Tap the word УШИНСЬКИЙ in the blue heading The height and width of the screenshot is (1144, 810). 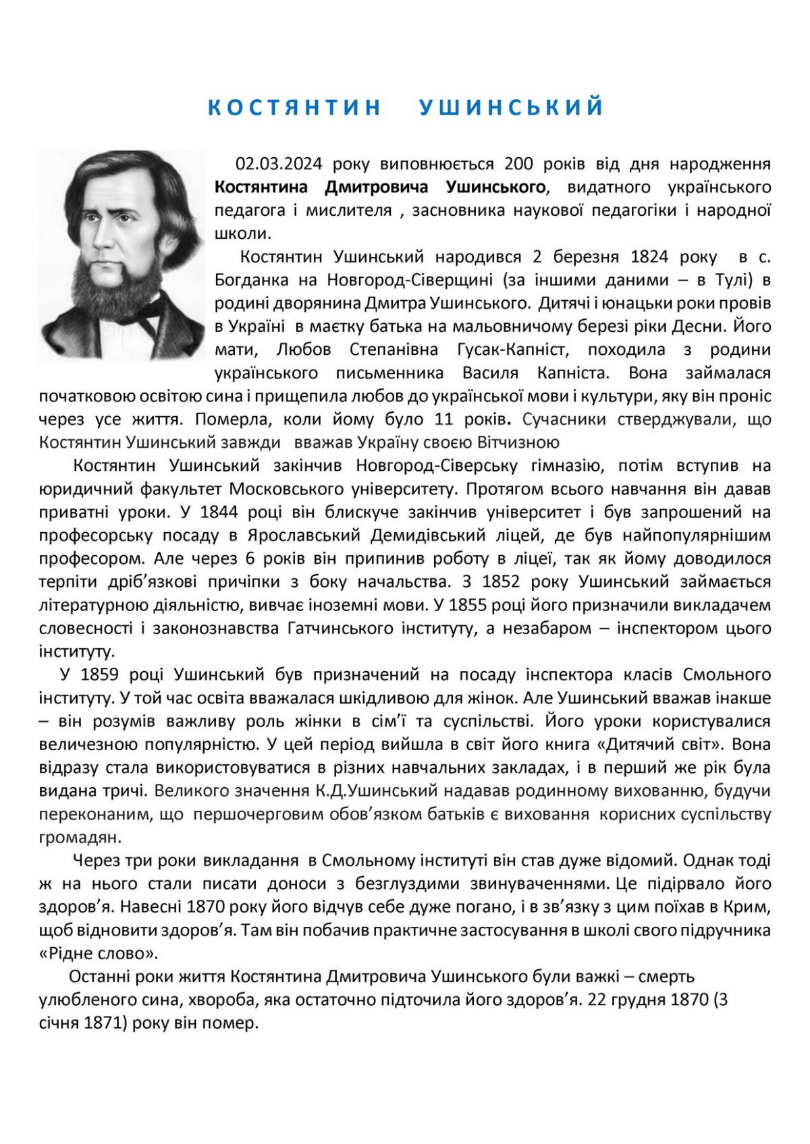point(511,108)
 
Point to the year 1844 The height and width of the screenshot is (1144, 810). point(215,512)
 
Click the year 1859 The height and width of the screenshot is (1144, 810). point(102,675)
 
